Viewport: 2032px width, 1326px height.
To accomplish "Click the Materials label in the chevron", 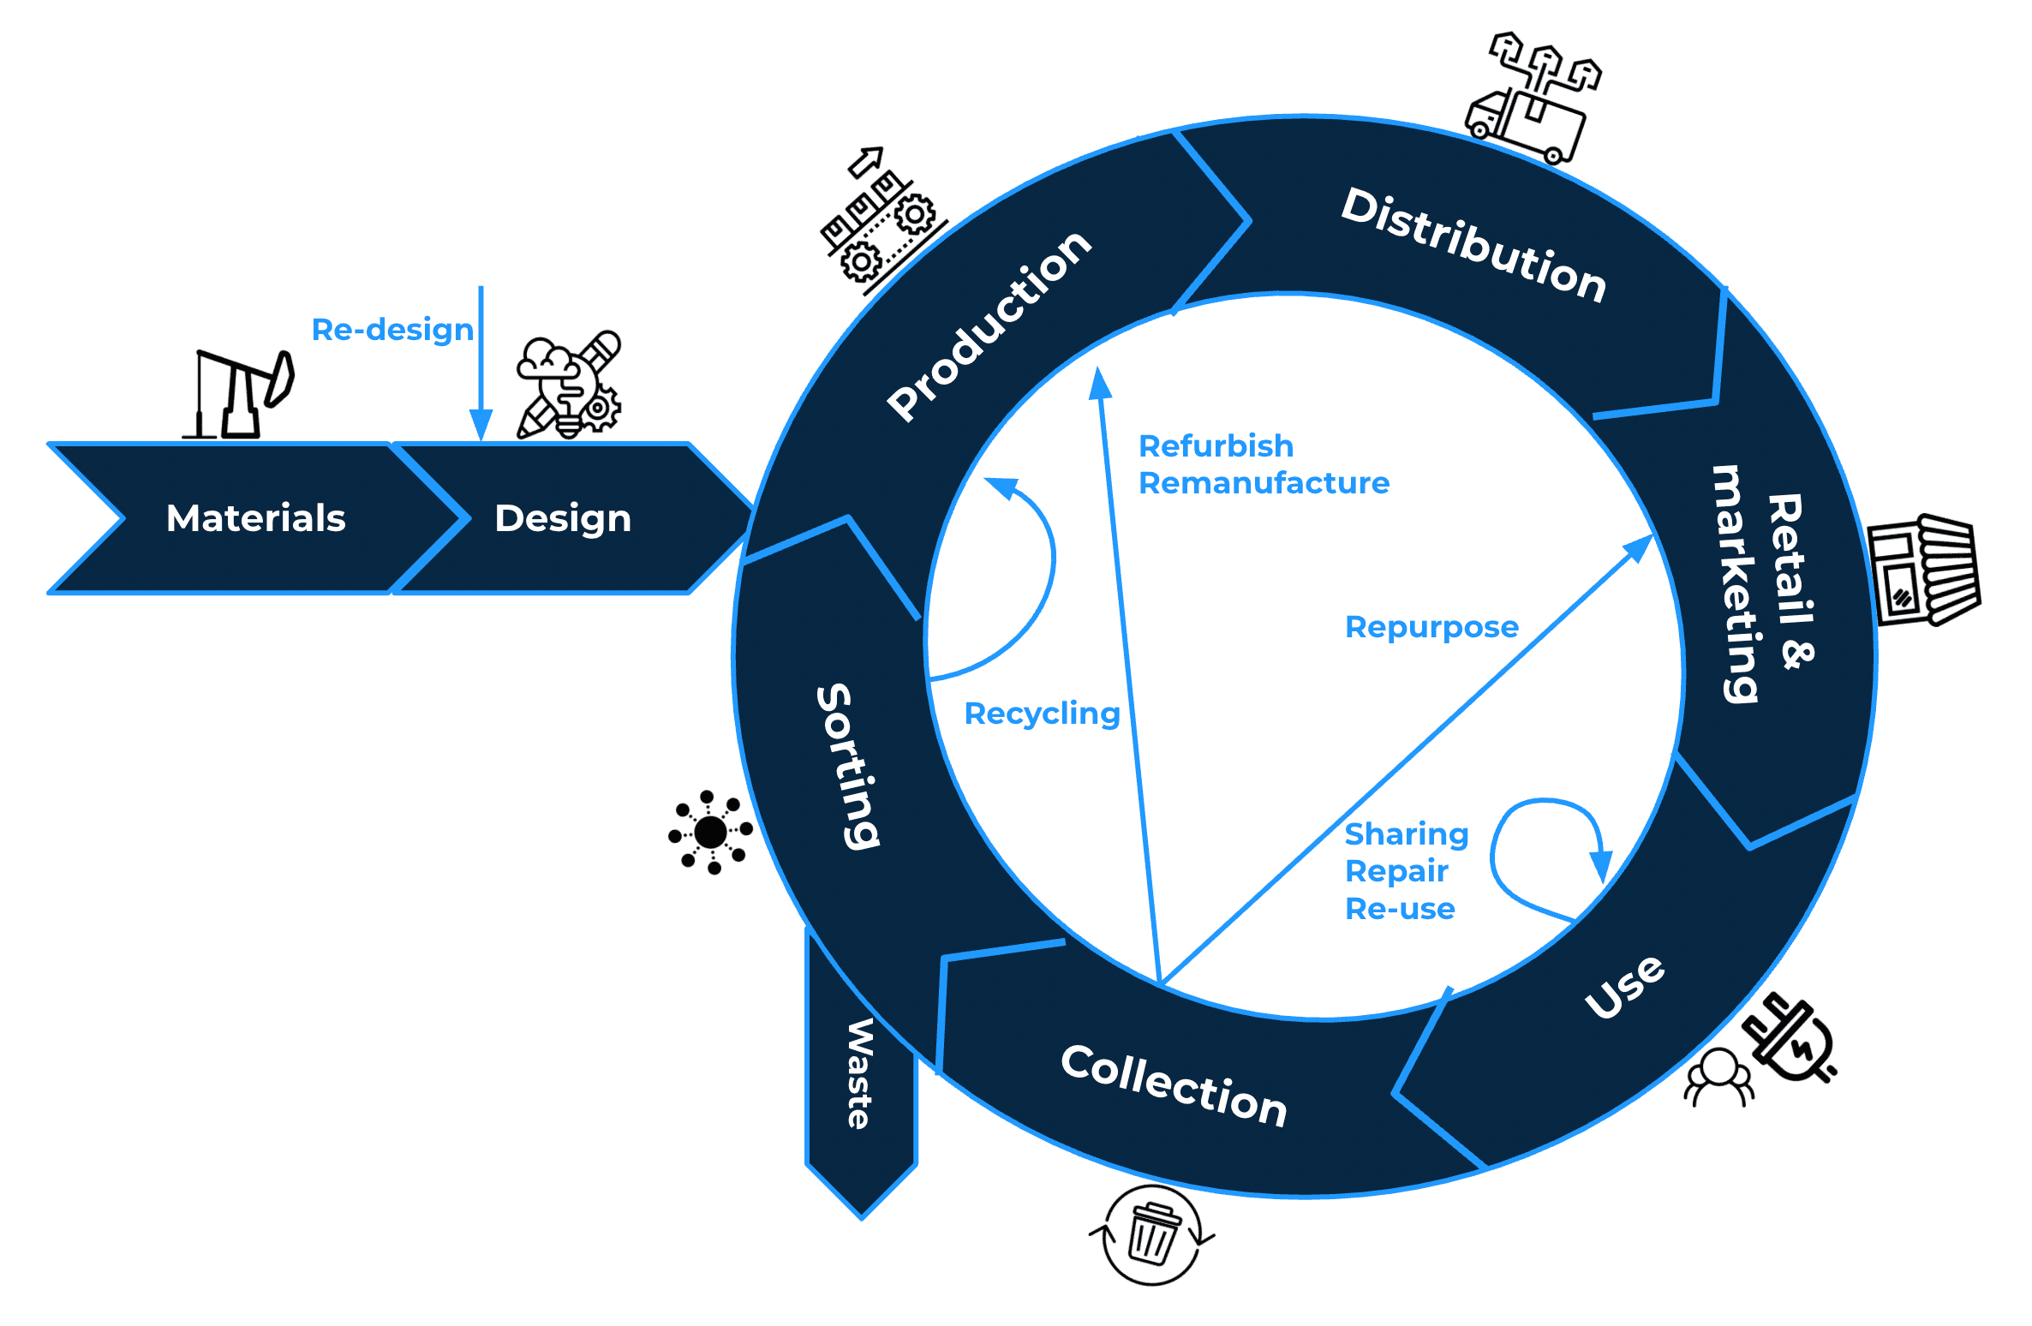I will coord(255,518).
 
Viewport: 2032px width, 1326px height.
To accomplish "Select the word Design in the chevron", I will coord(563,518).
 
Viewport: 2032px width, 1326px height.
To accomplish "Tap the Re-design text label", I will coord(392,330).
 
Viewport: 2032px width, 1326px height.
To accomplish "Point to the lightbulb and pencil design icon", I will coord(569,387).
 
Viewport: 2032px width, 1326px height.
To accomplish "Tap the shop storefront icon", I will coord(1923,570).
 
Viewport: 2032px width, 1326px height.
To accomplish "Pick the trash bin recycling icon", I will coord(1152,1234).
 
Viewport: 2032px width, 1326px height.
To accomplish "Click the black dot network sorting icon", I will coord(710,832).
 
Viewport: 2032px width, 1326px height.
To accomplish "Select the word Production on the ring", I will coord(989,326).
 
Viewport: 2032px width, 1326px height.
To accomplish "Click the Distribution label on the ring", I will coord(1473,245).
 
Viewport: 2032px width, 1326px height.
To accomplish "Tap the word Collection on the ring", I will coord(1174,1085).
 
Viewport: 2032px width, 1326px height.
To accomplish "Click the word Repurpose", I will coord(1431,627).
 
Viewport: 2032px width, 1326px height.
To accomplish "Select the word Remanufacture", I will coord(1264,483).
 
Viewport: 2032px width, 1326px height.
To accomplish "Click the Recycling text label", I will coord(1042,714).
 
